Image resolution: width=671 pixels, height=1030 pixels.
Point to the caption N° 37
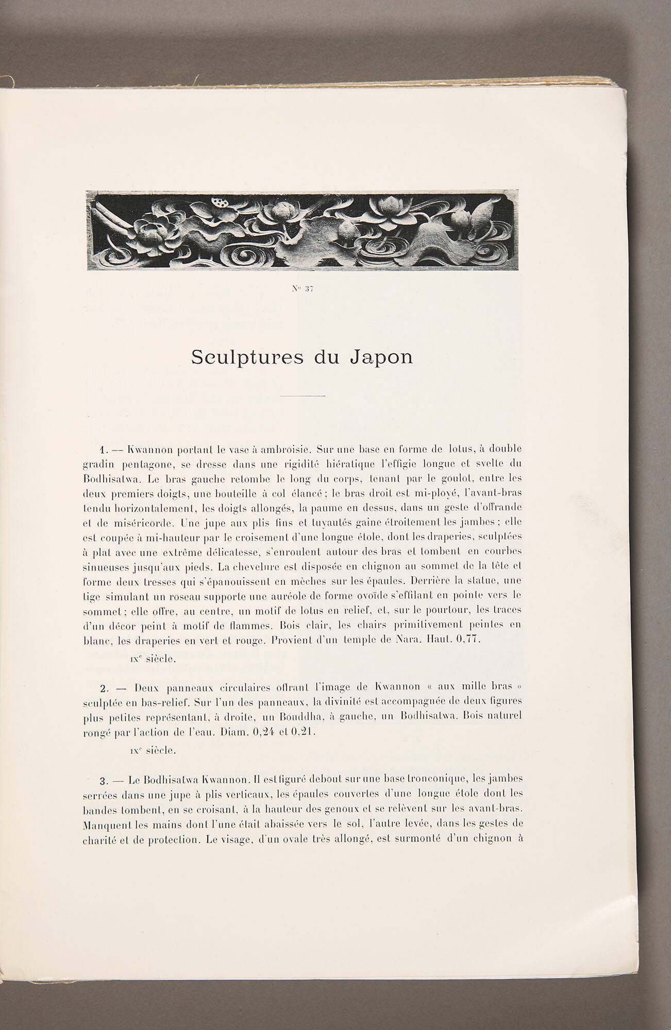(x=303, y=289)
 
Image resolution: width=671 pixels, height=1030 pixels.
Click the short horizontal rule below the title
(x=303, y=396)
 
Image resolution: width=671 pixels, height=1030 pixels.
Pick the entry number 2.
(x=103, y=688)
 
